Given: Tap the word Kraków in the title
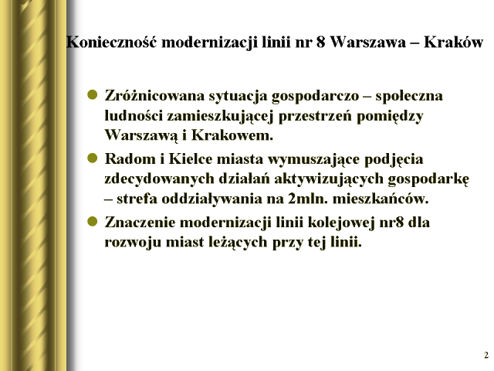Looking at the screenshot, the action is point(453,42).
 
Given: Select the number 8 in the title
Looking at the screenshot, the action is point(320,42).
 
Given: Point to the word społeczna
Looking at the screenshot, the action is point(409,96).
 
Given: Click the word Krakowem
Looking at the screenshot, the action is point(232,135).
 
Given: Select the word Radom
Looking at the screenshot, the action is point(130,158).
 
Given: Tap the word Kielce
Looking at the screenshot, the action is point(191,158).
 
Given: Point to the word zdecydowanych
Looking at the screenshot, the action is point(160,179).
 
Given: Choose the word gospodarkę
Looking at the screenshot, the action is point(428,179).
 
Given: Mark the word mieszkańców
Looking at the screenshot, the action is point(381,199).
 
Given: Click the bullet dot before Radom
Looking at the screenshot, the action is point(93,158).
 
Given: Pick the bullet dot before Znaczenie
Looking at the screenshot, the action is point(93,221).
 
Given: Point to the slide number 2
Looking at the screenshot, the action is point(486,356).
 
